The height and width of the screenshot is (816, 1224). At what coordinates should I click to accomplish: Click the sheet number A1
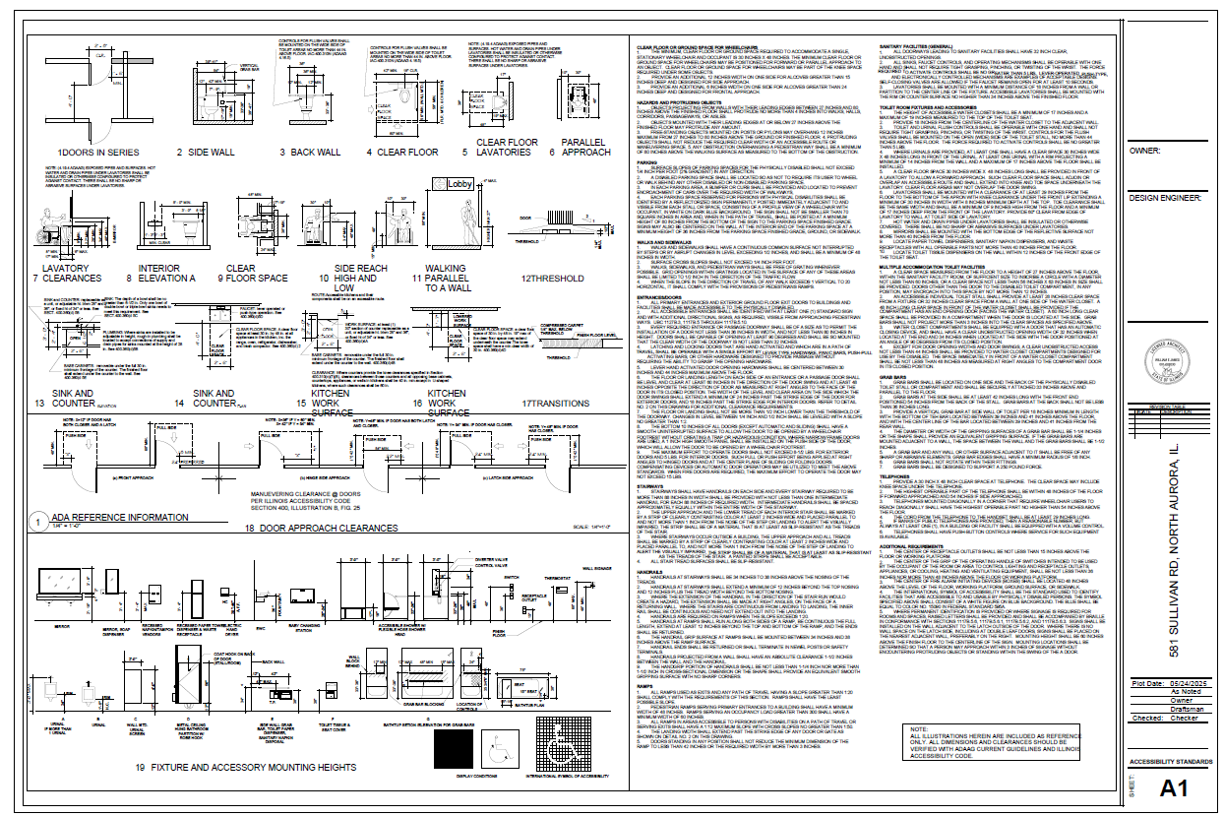[1173, 787]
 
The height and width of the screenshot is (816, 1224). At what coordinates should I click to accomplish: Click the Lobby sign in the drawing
[459, 184]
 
